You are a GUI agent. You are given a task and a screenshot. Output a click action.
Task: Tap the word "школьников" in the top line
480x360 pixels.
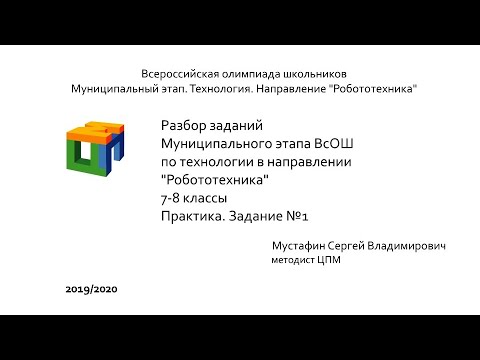tap(315, 74)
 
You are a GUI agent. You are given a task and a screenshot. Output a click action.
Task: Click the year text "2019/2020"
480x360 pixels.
tap(92, 289)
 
